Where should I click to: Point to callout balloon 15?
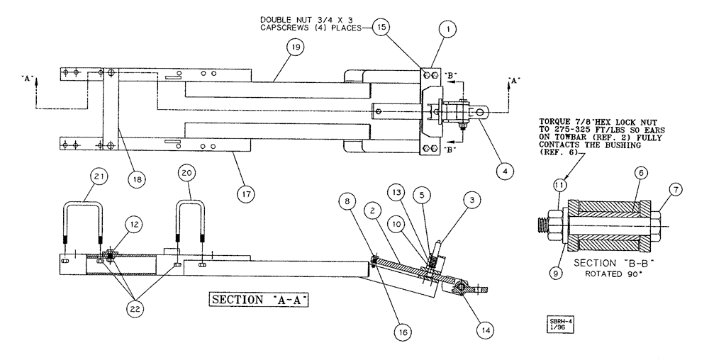click(x=382, y=28)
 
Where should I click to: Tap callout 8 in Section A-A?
click(x=348, y=201)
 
